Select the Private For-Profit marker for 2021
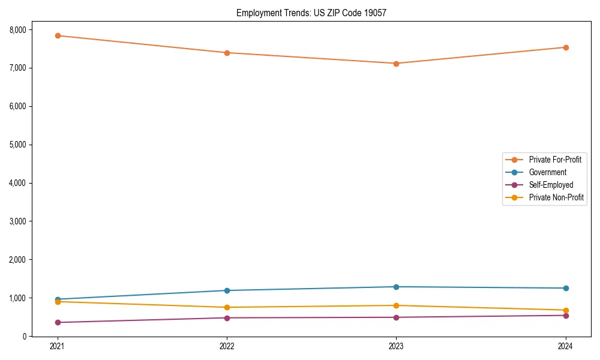(58, 35)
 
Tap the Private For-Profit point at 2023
(396, 64)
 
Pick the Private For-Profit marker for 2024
(565, 47)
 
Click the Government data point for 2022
(227, 290)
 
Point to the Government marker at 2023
(396, 287)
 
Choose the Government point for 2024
(565, 288)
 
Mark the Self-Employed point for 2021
(58, 322)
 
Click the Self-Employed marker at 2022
(227, 318)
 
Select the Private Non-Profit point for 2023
(396, 305)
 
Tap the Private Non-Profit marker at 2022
(227, 307)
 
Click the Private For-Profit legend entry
(554, 160)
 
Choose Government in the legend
(547, 172)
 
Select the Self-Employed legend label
(551, 185)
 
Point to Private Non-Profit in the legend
(556, 197)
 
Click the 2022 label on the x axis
(227, 346)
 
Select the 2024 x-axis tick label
(565, 346)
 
